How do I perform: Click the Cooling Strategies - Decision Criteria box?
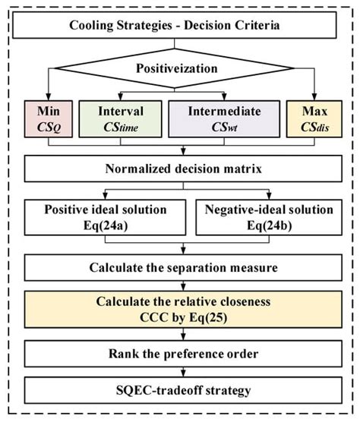(180, 25)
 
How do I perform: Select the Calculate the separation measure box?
(180, 267)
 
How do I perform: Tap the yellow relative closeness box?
(180, 309)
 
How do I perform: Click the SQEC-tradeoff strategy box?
(180, 392)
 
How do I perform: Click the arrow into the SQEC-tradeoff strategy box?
(180, 374)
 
